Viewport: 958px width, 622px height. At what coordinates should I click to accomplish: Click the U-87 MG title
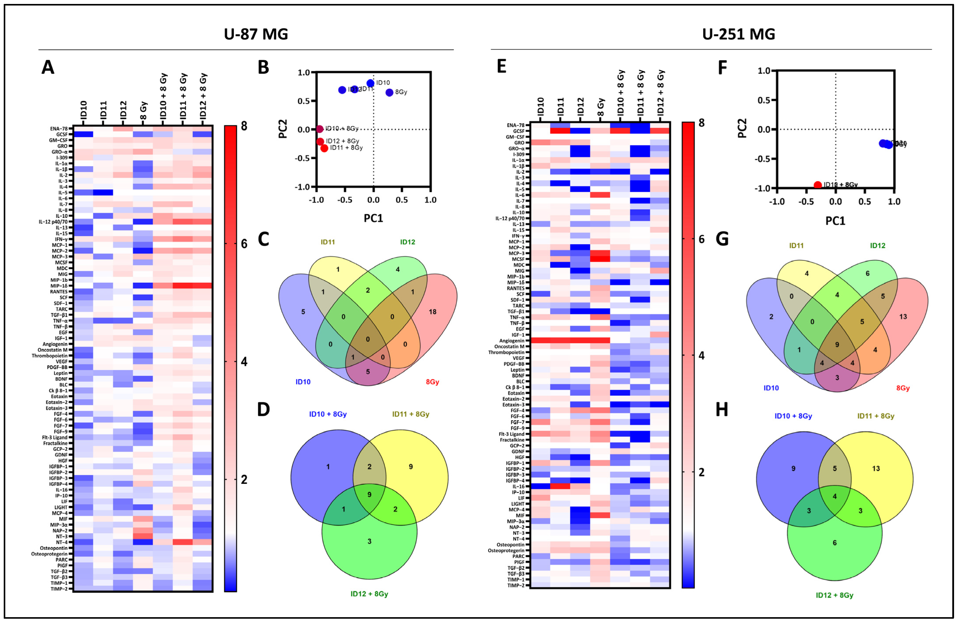tap(256, 34)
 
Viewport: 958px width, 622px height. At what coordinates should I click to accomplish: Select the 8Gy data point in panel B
tap(389, 93)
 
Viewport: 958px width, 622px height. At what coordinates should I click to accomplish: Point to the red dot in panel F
tap(817, 185)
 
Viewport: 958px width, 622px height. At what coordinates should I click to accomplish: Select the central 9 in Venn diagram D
tap(369, 494)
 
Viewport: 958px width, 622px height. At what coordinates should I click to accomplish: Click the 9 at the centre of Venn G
tap(837, 345)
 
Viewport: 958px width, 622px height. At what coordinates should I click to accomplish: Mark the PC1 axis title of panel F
tap(835, 221)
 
